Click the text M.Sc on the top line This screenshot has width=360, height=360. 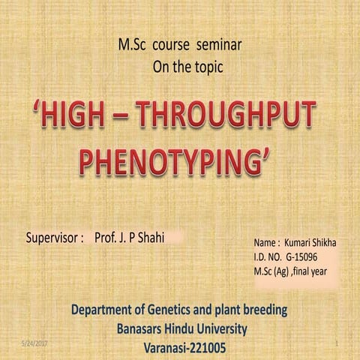[133, 44]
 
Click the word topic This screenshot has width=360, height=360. [207, 67]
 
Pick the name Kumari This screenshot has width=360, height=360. [301, 244]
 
